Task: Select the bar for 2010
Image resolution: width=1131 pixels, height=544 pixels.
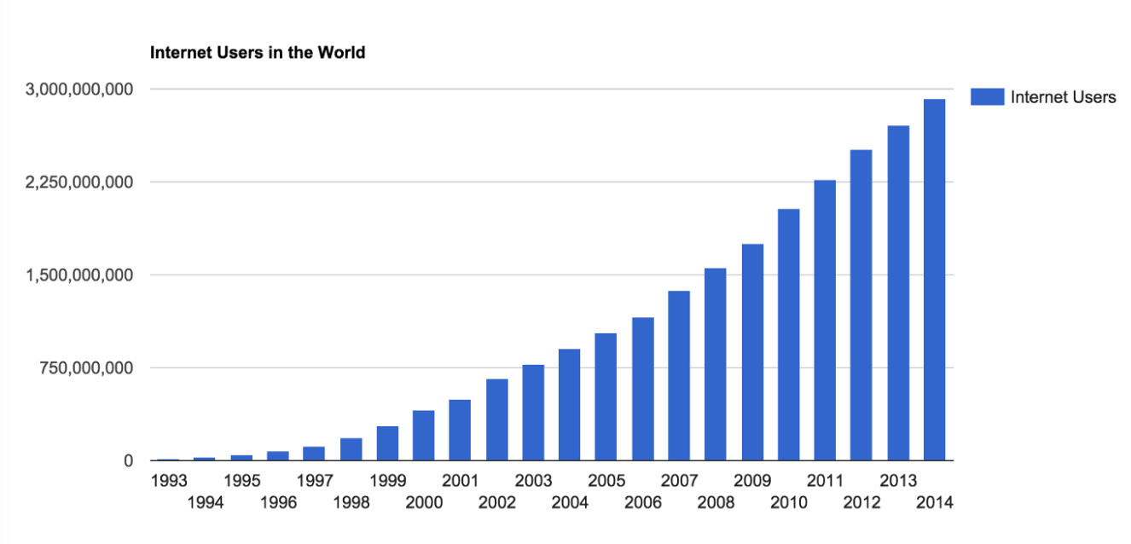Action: [x=788, y=334]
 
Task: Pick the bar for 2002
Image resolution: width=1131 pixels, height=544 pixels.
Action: [x=496, y=420]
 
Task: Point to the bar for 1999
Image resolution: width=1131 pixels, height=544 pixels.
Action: [x=387, y=443]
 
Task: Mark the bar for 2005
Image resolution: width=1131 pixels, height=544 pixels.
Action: [x=606, y=396]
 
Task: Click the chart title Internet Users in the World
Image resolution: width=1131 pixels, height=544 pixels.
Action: [x=258, y=53]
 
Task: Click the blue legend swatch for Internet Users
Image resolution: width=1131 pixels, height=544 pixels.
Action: [x=986, y=97]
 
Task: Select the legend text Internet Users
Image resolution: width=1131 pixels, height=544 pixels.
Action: [x=1063, y=97]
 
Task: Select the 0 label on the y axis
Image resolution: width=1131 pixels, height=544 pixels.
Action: [x=128, y=461]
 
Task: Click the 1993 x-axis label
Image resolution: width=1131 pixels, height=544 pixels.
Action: [x=168, y=480]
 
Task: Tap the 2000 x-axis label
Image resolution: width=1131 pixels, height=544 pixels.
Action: [x=424, y=502]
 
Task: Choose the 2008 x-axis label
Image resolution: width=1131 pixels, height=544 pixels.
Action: [x=716, y=502]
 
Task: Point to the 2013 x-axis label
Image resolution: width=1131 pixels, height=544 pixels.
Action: [x=898, y=480]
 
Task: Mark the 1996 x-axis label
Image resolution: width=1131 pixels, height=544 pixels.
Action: [x=278, y=502]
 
